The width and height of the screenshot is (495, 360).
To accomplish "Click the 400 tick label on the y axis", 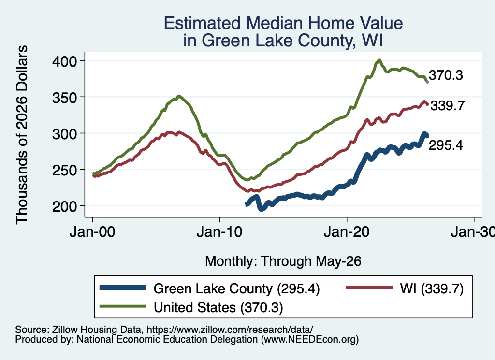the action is click(64, 61).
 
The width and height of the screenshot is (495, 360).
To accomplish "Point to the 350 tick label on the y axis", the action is click(64, 98).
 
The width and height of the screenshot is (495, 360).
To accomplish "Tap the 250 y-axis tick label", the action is click(64, 170).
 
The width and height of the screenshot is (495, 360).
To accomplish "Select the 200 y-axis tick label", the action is click(64, 207).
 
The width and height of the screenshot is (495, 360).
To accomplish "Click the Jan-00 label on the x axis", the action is click(92, 232).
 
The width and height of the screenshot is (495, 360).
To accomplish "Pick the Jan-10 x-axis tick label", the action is click(219, 232).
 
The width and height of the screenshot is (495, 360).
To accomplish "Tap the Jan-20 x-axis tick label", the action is click(347, 232).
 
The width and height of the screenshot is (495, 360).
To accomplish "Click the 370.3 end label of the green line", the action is click(446, 75).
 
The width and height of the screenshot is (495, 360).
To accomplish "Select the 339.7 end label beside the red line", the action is click(448, 105).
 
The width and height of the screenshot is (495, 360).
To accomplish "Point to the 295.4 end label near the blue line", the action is click(446, 145).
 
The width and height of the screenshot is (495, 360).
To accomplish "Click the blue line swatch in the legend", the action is click(123, 288).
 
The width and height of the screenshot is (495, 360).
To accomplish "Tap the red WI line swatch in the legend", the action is click(369, 288).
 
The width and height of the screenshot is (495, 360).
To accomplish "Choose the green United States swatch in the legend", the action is click(123, 306).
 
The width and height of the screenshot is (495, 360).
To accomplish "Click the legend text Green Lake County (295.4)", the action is click(236, 288).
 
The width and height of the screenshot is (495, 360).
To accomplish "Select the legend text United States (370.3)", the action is click(218, 308).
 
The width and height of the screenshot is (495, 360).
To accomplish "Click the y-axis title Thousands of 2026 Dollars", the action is click(22, 135).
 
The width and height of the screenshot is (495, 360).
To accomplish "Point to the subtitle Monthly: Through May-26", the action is click(283, 261).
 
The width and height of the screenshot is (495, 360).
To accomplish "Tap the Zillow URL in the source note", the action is click(230, 330).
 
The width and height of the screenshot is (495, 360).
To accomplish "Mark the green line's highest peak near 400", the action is click(379, 60).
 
